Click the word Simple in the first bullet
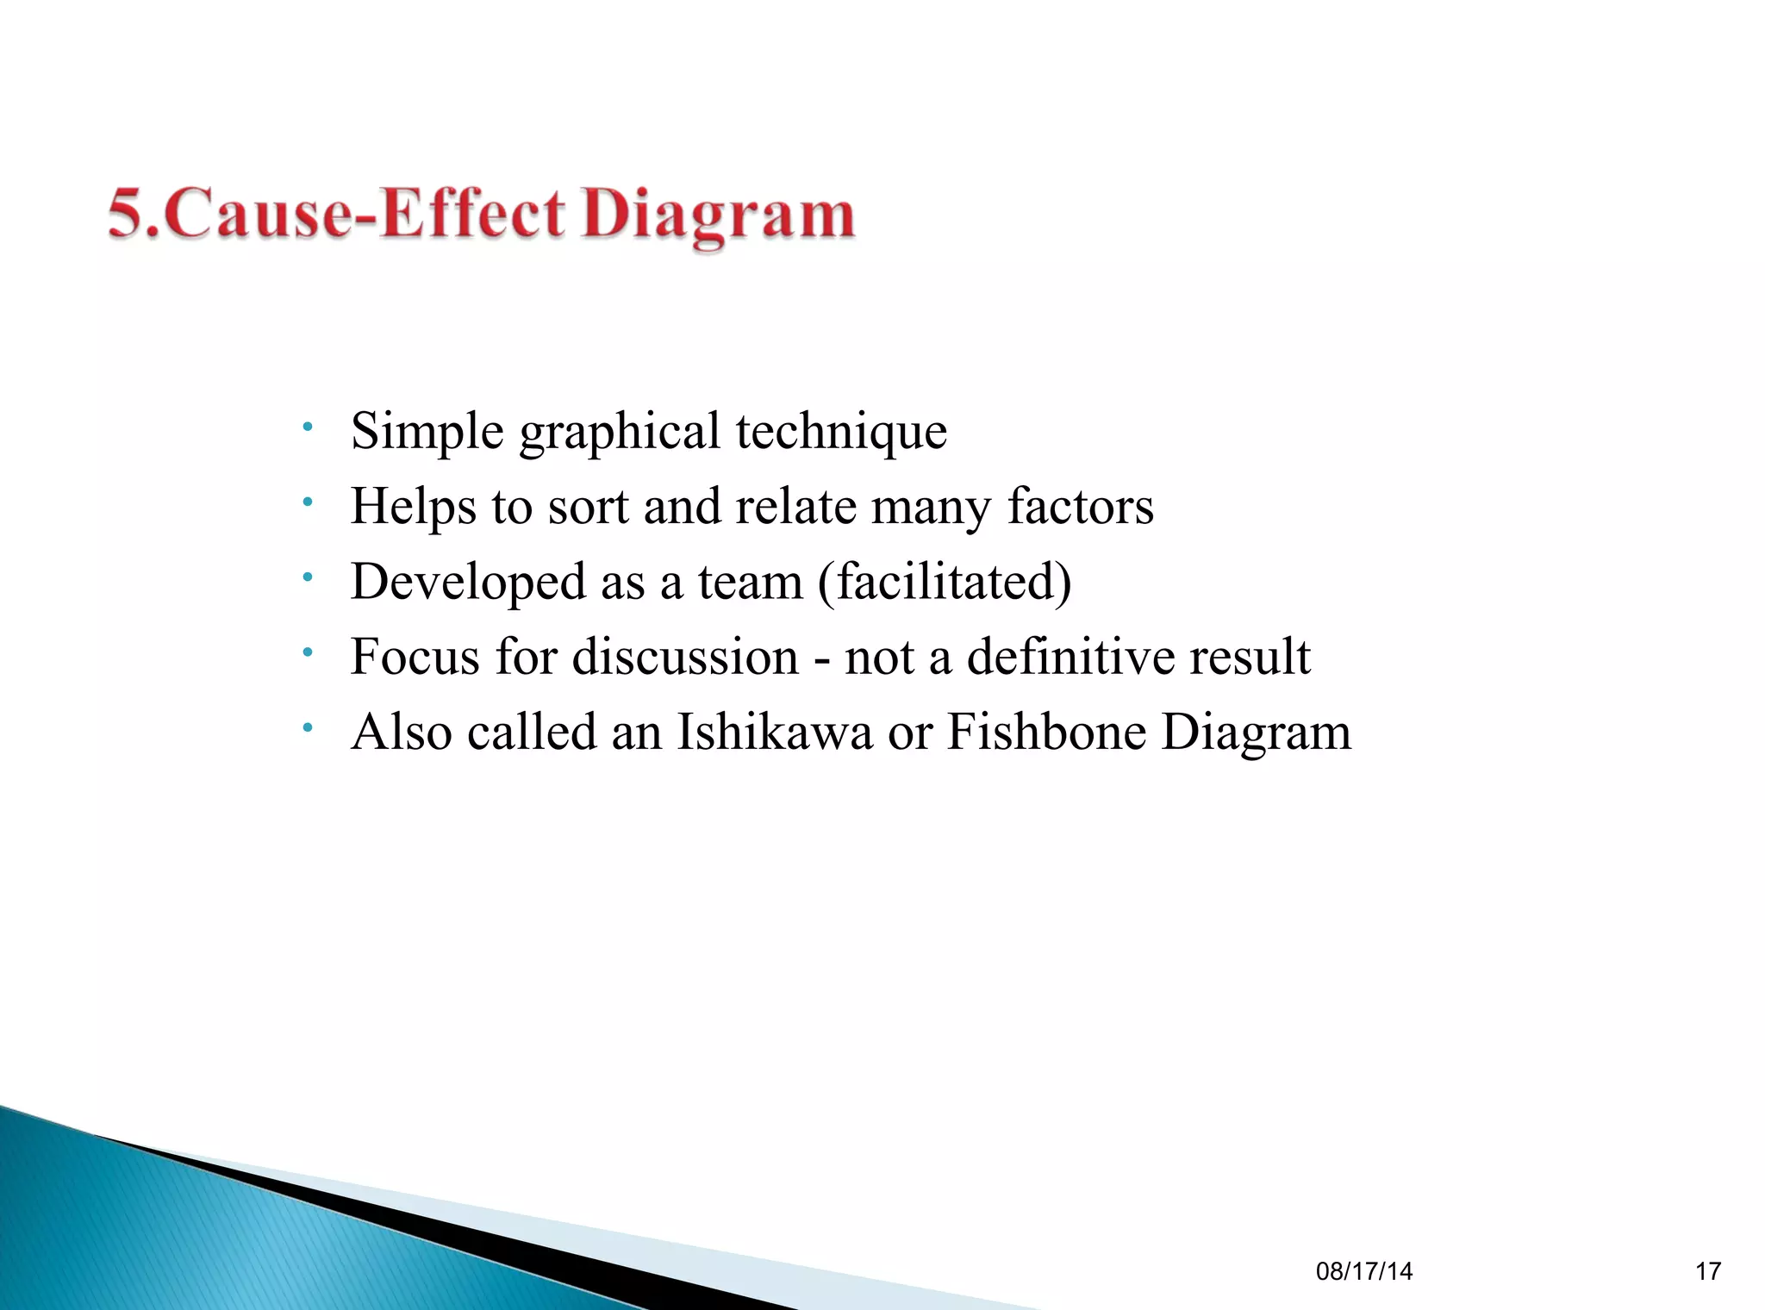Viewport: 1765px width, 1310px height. click(x=427, y=431)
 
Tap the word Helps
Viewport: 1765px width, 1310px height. click(x=413, y=507)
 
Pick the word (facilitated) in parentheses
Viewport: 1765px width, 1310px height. click(x=945, y=582)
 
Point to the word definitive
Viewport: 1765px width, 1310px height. click(x=1070, y=657)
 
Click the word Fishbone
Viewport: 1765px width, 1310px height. click(x=1045, y=732)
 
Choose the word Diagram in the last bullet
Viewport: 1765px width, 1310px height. click(x=1257, y=733)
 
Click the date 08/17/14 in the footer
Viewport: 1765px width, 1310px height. click(x=1364, y=1271)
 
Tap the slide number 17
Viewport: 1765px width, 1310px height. click(x=1707, y=1271)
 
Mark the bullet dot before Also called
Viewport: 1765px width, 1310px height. click(x=308, y=728)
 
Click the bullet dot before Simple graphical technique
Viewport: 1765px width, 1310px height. click(x=308, y=427)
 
